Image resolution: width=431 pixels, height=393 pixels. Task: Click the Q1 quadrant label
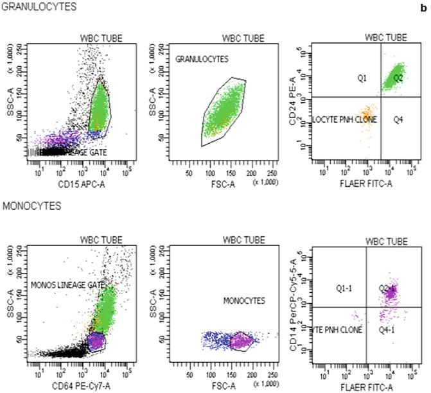tap(362, 78)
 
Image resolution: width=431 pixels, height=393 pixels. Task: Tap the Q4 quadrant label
tap(400, 119)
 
